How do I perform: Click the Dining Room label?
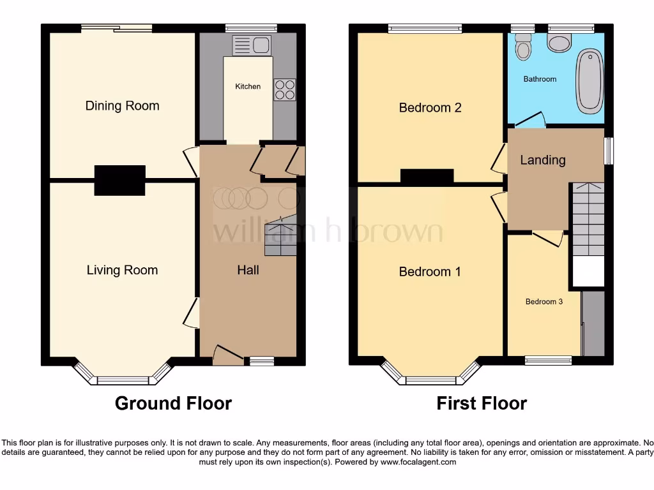tap(122, 106)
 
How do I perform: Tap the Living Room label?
tap(122, 270)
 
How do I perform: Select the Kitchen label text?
tap(248, 86)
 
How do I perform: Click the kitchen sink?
tap(252, 45)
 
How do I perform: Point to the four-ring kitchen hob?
tap(285, 89)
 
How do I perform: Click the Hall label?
tap(248, 270)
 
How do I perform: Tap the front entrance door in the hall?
tap(227, 355)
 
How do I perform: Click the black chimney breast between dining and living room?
tap(119, 180)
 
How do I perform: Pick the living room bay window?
tap(123, 380)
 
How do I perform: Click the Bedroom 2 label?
tap(430, 108)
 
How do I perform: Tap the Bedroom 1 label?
tap(430, 272)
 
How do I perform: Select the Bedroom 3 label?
tap(544, 301)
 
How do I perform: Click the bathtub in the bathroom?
tap(589, 81)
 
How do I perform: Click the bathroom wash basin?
tap(560, 43)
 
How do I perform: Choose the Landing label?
tap(543, 160)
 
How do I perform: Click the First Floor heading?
tap(482, 403)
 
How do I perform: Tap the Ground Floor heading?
tap(173, 403)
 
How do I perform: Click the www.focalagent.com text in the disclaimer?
tap(418, 462)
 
